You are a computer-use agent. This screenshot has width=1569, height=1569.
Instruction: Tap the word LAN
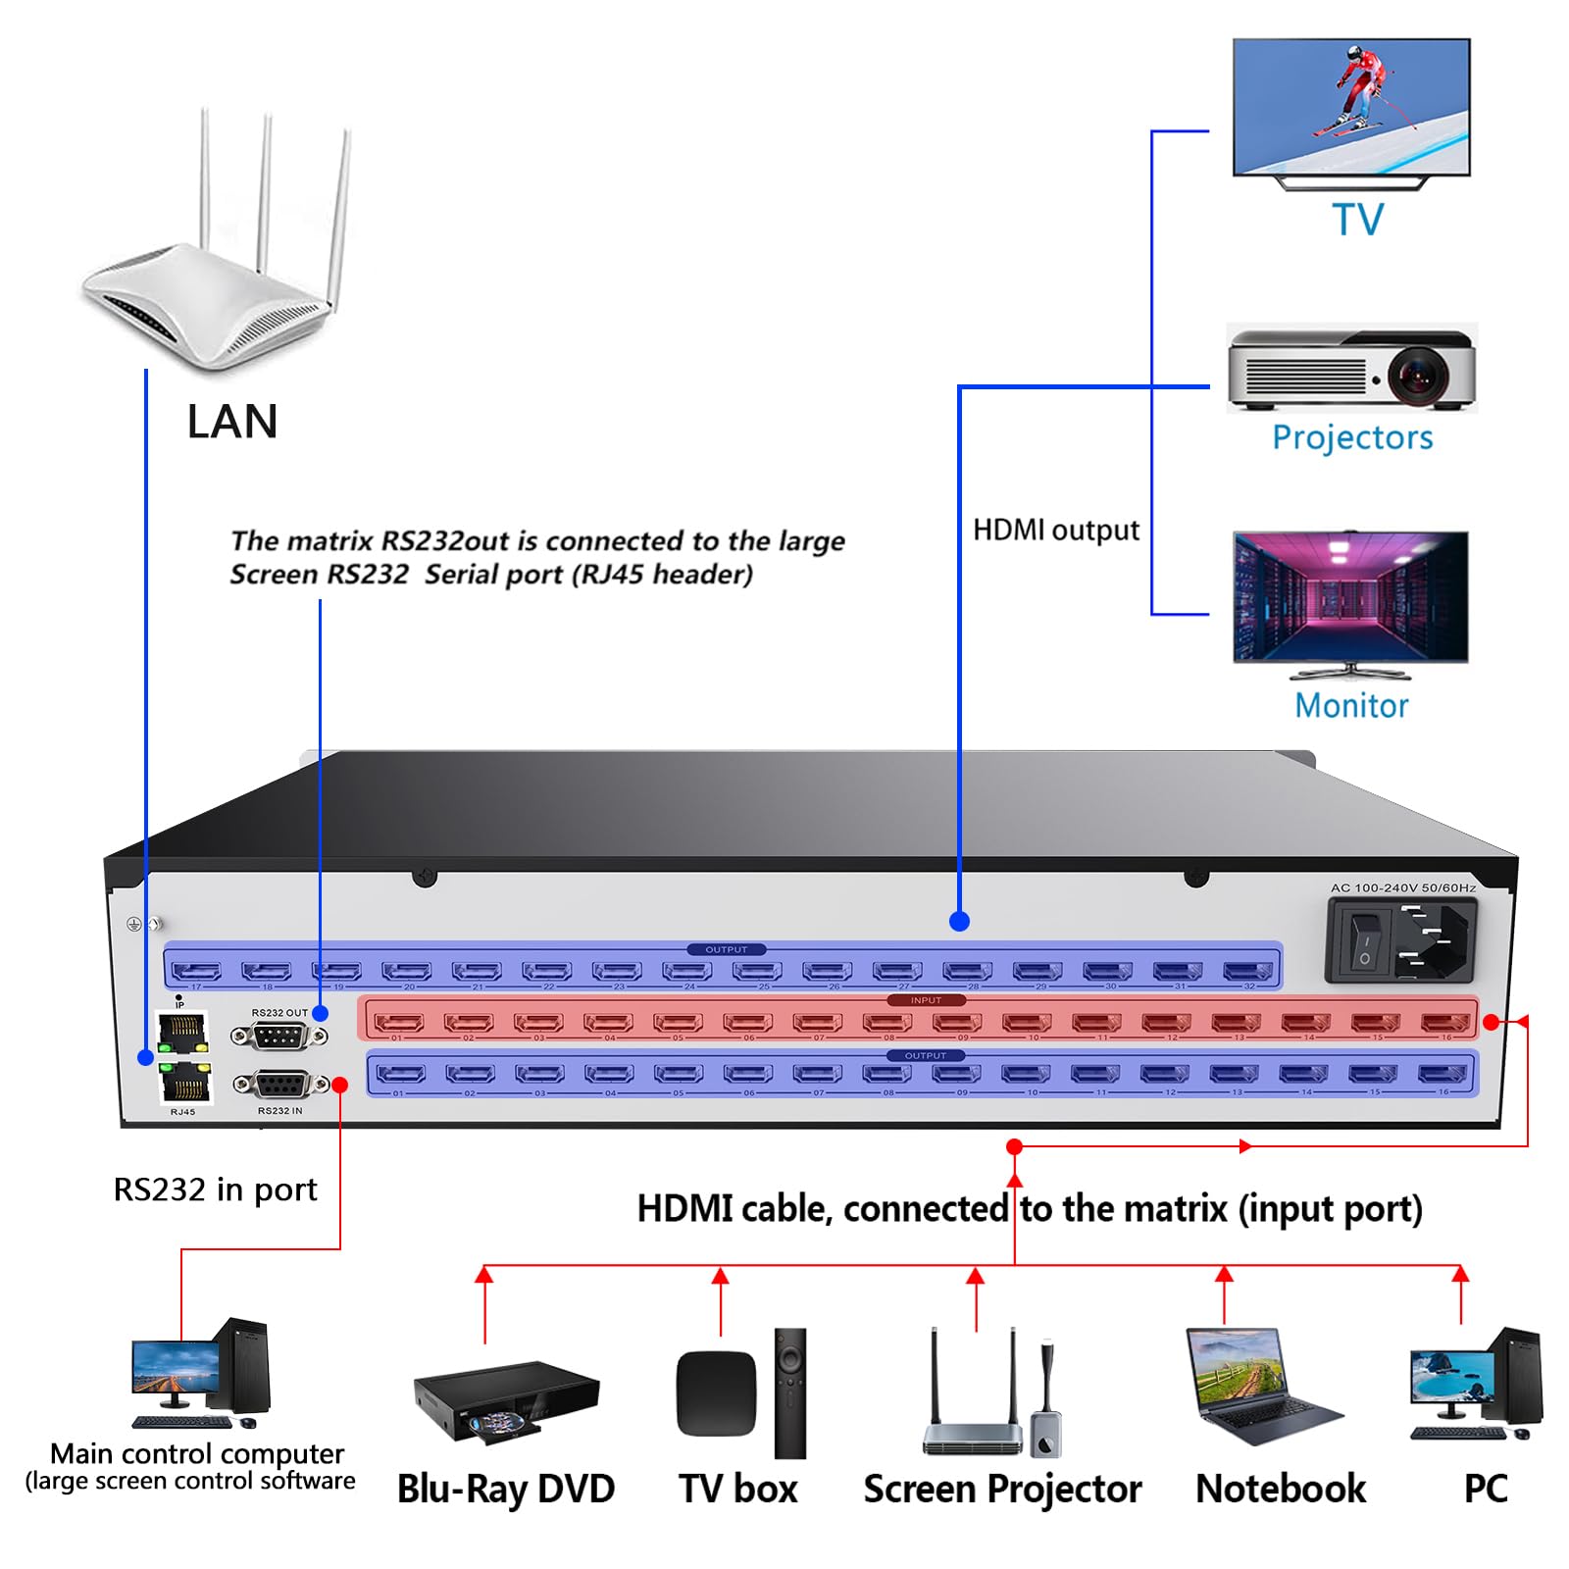coord(232,422)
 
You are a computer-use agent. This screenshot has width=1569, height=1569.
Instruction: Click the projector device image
coord(1351,370)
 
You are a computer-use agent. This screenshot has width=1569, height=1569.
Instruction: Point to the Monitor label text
coord(1351,705)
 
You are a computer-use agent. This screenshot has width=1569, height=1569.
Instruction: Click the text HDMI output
coord(1055,531)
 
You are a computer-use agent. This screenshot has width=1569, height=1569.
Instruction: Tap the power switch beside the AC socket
coord(1364,940)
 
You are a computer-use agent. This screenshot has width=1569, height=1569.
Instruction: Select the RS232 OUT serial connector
coord(279,1036)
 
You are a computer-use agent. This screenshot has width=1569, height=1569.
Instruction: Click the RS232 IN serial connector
coord(281,1085)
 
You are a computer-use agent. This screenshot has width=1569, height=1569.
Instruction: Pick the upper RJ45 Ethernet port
coord(183,1032)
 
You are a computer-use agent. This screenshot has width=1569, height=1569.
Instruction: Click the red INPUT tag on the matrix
coord(925,1000)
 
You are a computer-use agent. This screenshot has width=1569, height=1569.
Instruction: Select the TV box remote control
coord(789,1392)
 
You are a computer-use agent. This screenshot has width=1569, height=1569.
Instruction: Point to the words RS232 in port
coord(215,1189)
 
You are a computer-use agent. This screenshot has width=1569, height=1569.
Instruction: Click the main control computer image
coord(201,1373)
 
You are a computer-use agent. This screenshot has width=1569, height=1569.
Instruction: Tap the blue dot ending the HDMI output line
coord(960,921)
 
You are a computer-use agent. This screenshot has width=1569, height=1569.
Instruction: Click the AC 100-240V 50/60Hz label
coord(1402,887)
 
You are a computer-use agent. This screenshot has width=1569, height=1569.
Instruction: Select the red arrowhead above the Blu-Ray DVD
coord(483,1274)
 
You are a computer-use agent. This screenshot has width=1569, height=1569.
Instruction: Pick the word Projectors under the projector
coord(1351,437)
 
